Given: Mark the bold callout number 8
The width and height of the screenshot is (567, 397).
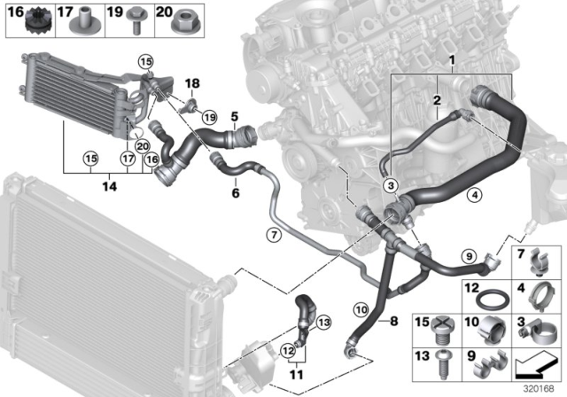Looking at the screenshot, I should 394,321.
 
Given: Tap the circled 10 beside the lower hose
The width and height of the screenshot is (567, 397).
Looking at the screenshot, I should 361,309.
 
